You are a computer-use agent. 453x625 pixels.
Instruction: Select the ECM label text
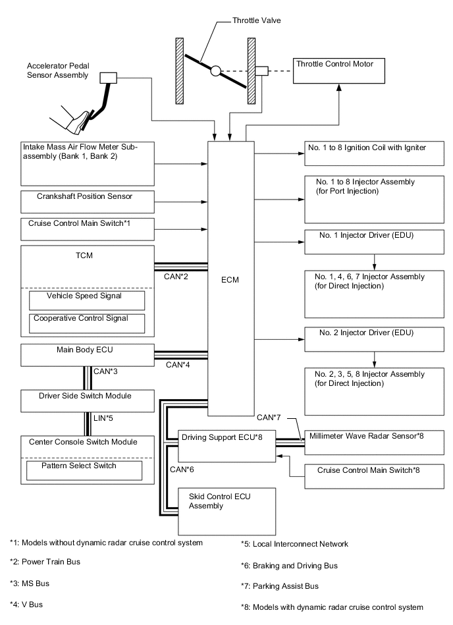click(230, 280)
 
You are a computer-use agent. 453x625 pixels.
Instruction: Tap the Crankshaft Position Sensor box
click(88, 200)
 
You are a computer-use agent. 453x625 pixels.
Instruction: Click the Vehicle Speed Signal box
click(87, 300)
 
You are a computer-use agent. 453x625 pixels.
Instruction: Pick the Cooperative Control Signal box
click(87, 322)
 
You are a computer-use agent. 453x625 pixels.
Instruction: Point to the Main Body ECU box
click(87, 354)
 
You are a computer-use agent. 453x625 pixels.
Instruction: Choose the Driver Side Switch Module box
click(87, 400)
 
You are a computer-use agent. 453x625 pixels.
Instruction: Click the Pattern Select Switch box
click(84, 470)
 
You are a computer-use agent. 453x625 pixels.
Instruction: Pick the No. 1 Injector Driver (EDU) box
click(374, 242)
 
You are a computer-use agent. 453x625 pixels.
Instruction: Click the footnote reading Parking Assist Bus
click(279, 585)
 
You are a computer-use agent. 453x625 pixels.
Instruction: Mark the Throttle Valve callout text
click(256, 20)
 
